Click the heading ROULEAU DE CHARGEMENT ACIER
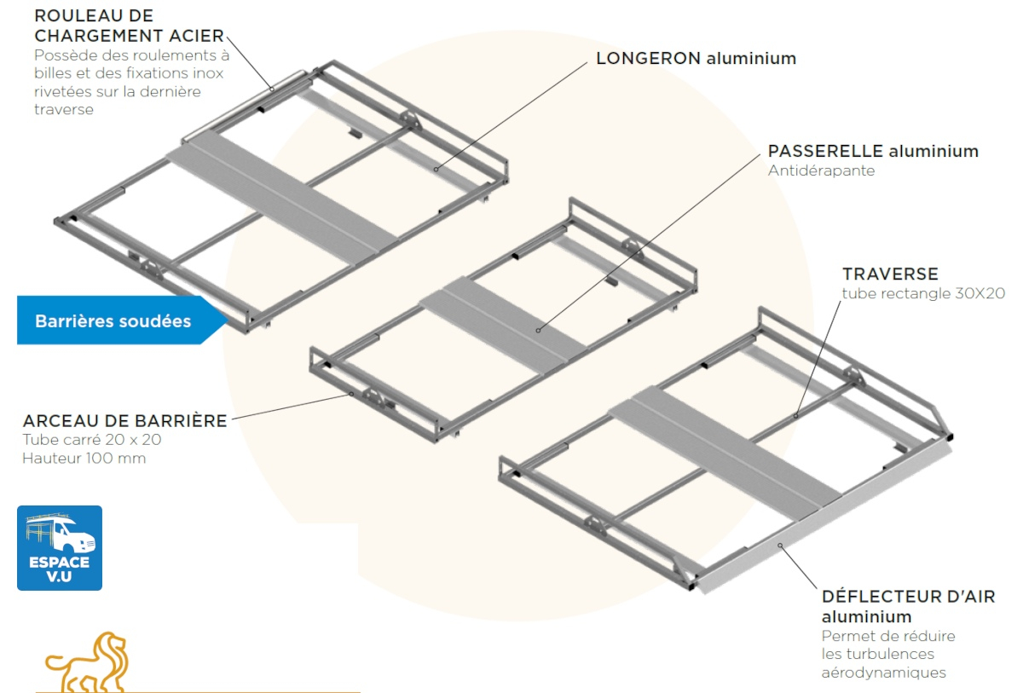click(x=129, y=26)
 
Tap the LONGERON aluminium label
click(x=696, y=59)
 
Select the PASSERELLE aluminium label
click(x=873, y=151)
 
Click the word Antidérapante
click(x=821, y=170)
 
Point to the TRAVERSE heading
click(x=890, y=274)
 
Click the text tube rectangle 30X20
click(x=924, y=293)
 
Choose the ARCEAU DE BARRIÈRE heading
click(x=125, y=420)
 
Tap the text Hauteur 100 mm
click(x=84, y=459)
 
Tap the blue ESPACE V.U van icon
click(x=60, y=548)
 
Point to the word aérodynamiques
click(x=884, y=673)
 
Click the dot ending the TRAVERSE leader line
click(x=796, y=416)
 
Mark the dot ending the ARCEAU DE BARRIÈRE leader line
click(x=351, y=395)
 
